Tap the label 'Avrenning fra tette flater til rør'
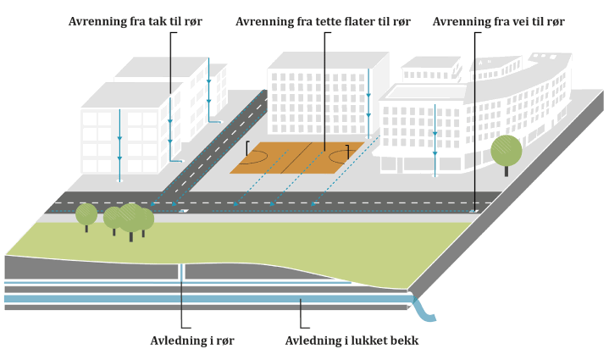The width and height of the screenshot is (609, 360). point(323,21)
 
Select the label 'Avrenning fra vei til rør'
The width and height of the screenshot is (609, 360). point(498,21)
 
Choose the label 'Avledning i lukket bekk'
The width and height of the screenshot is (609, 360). point(352,341)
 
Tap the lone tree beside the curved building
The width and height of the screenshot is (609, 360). point(507,152)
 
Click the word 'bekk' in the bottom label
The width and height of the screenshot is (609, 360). point(402,341)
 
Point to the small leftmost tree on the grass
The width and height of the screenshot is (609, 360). point(86,214)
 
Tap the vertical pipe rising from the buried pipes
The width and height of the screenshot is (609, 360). point(181,272)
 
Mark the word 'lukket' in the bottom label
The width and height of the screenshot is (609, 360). point(367,341)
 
